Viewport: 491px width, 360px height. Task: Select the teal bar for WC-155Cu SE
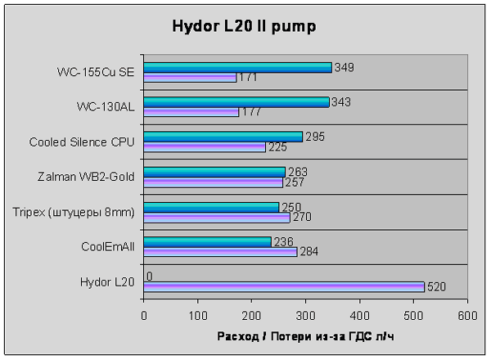click(x=237, y=68)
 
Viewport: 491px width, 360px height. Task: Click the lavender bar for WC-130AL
click(x=191, y=112)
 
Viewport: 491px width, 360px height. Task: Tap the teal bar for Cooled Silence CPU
click(x=223, y=137)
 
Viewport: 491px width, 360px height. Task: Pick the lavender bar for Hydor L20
click(x=284, y=286)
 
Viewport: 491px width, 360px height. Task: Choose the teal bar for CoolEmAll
click(x=208, y=241)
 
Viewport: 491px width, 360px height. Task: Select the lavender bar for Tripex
click(x=217, y=218)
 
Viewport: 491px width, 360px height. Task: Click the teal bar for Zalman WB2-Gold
click(x=214, y=172)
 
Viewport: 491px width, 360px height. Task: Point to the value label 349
click(x=344, y=67)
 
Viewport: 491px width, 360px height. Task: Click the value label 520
click(x=438, y=286)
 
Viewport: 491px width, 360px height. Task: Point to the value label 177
click(x=252, y=112)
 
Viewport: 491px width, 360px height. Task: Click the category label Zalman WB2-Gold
click(x=87, y=176)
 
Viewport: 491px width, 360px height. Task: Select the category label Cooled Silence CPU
click(x=82, y=142)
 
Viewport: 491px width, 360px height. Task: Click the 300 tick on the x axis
click(x=305, y=314)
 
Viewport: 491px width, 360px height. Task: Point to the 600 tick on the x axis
click(x=467, y=314)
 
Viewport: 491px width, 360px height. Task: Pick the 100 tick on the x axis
click(x=198, y=314)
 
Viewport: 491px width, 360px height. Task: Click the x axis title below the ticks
click(x=305, y=336)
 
